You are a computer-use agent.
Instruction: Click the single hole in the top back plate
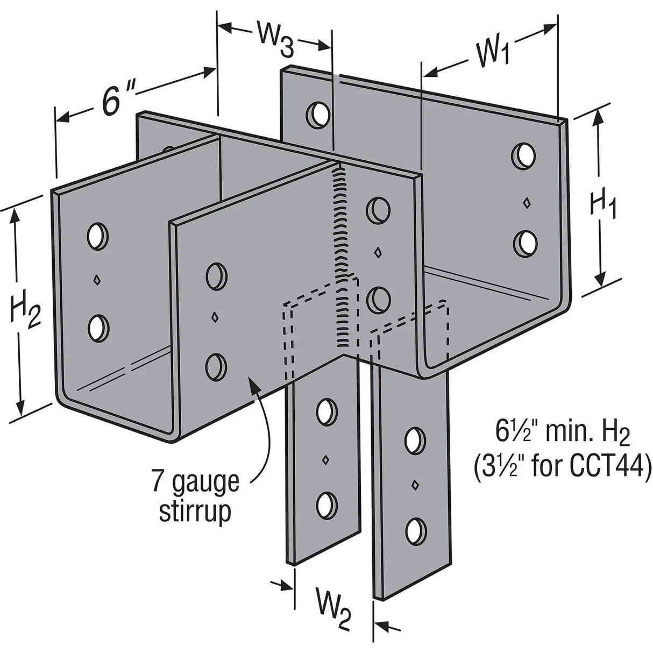point(318,113)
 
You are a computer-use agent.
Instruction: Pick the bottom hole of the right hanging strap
point(414,530)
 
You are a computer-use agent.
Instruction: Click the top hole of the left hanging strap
point(324,411)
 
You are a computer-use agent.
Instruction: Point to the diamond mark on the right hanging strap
point(414,485)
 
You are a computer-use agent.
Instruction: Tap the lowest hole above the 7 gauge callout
point(216,365)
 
